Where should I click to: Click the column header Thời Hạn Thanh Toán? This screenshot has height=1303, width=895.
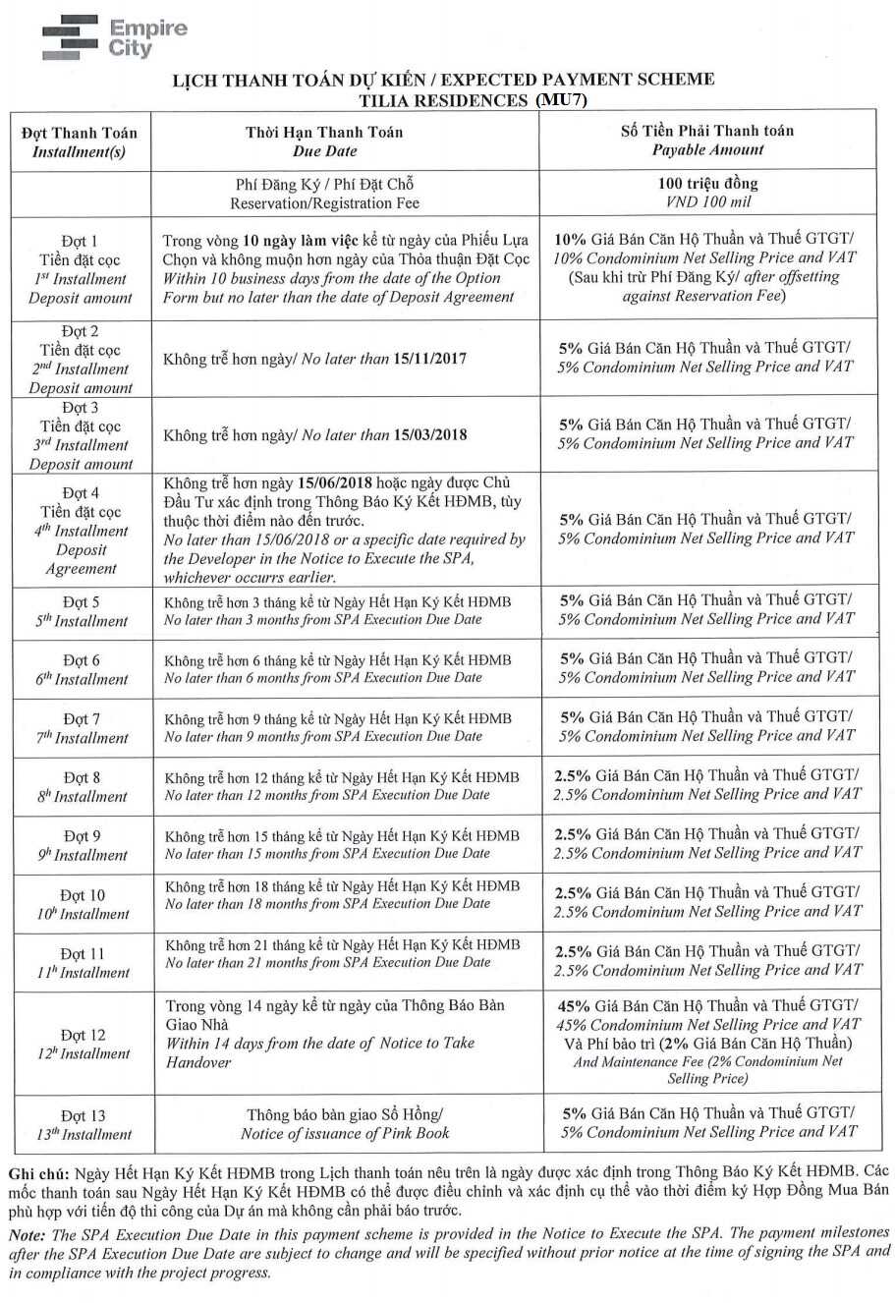click(324, 132)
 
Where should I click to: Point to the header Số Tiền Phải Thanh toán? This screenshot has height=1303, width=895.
click(707, 131)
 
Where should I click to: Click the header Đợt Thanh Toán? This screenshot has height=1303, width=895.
click(80, 133)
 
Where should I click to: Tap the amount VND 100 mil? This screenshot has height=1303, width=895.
click(707, 202)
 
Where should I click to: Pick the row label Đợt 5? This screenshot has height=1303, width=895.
click(82, 601)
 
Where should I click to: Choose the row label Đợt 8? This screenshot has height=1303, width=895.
click(82, 777)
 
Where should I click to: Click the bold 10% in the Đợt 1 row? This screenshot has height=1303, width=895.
click(570, 239)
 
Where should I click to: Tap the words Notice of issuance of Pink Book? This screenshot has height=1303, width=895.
click(345, 1133)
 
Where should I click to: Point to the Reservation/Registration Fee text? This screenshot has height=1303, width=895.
click(324, 203)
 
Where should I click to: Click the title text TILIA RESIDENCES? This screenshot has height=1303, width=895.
click(443, 100)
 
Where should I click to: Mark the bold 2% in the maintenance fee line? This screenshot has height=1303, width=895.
click(676, 1043)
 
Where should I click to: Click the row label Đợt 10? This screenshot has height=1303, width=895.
click(82, 895)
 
